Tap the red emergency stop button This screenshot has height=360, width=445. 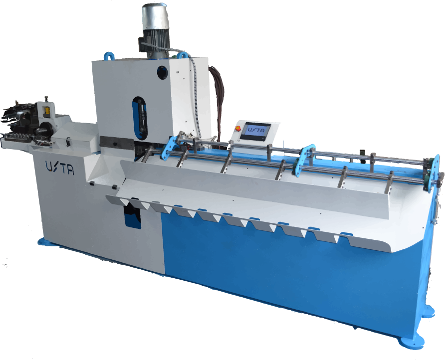pos(238,128)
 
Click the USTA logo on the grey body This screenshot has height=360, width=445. pos(60,168)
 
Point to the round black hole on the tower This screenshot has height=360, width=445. pos(162,72)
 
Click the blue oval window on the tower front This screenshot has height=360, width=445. pos(139,118)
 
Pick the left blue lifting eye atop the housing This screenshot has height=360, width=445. pos(109,56)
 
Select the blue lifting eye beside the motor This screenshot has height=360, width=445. pos(183,55)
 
